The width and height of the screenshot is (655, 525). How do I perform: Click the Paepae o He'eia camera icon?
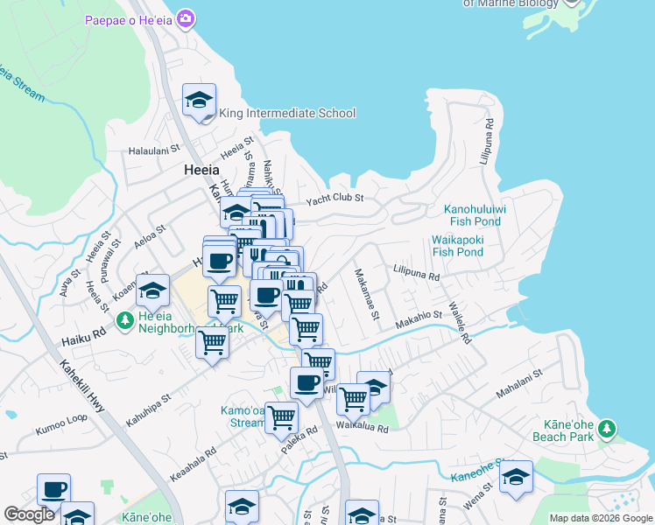pos(185,18)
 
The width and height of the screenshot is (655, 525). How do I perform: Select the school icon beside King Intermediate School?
pos(200,101)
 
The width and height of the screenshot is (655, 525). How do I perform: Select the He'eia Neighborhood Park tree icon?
pos(124,321)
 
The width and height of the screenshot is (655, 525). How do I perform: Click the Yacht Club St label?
pos(334,200)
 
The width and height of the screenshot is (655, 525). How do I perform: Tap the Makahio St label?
pos(419,316)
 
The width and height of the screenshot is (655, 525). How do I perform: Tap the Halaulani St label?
pos(154,150)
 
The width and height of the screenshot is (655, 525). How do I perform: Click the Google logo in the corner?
pos(29,514)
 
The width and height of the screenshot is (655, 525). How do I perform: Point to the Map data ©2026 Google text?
pos(600,518)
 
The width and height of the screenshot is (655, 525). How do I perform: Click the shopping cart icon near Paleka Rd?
pos(281,418)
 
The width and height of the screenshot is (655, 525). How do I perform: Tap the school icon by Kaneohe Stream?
pos(517,478)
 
